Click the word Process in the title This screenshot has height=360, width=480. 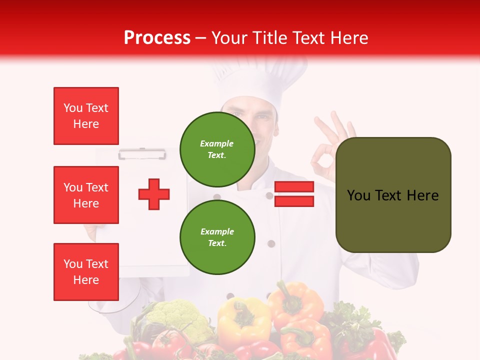(157, 38)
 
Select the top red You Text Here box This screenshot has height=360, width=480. (86, 116)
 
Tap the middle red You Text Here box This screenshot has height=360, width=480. (86, 195)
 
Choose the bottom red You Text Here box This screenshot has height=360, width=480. (86, 272)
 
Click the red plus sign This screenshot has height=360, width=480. (154, 194)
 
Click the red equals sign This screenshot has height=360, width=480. (294, 194)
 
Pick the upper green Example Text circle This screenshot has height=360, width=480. (217, 149)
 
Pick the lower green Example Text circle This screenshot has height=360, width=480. (217, 237)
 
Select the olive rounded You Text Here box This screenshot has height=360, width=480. (393, 195)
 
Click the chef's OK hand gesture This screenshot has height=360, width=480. (330, 150)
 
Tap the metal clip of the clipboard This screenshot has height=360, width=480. (142, 153)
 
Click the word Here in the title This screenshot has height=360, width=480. (347, 38)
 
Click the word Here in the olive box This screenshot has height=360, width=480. (422, 195)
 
